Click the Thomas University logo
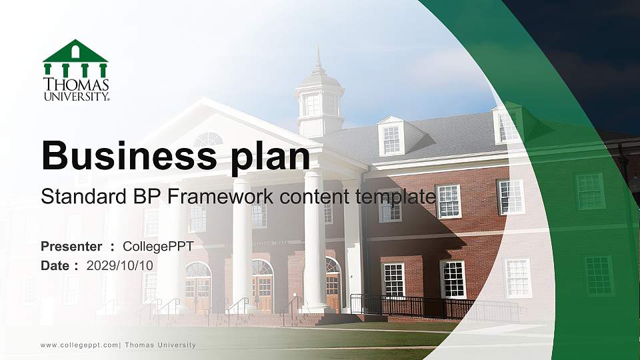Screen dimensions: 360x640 point(75,70)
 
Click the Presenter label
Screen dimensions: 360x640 point(71,247)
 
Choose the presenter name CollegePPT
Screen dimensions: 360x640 point(158,247)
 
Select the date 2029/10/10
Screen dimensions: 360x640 point(120,265)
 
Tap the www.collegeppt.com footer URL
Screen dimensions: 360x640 point(79,345)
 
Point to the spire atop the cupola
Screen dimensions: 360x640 point(319,59)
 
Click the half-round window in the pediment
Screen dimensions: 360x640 point(209,140)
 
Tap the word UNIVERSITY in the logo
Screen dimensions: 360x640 point(75,96)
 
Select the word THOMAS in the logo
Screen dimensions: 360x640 point(75,85)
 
